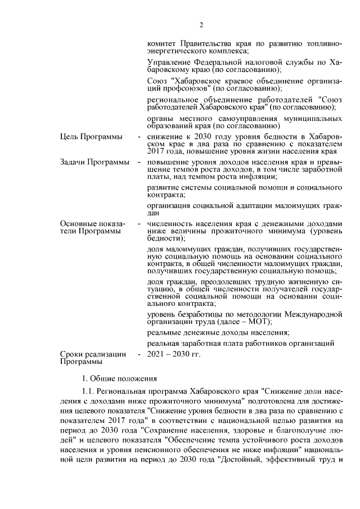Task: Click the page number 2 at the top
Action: click(x=200, y=24)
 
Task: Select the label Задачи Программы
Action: click(x=94, y=162)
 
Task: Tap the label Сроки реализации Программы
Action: click(x=93, y=358)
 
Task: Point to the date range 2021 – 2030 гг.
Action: click(x=173, y=354)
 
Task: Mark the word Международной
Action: click(x=314, y=313)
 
